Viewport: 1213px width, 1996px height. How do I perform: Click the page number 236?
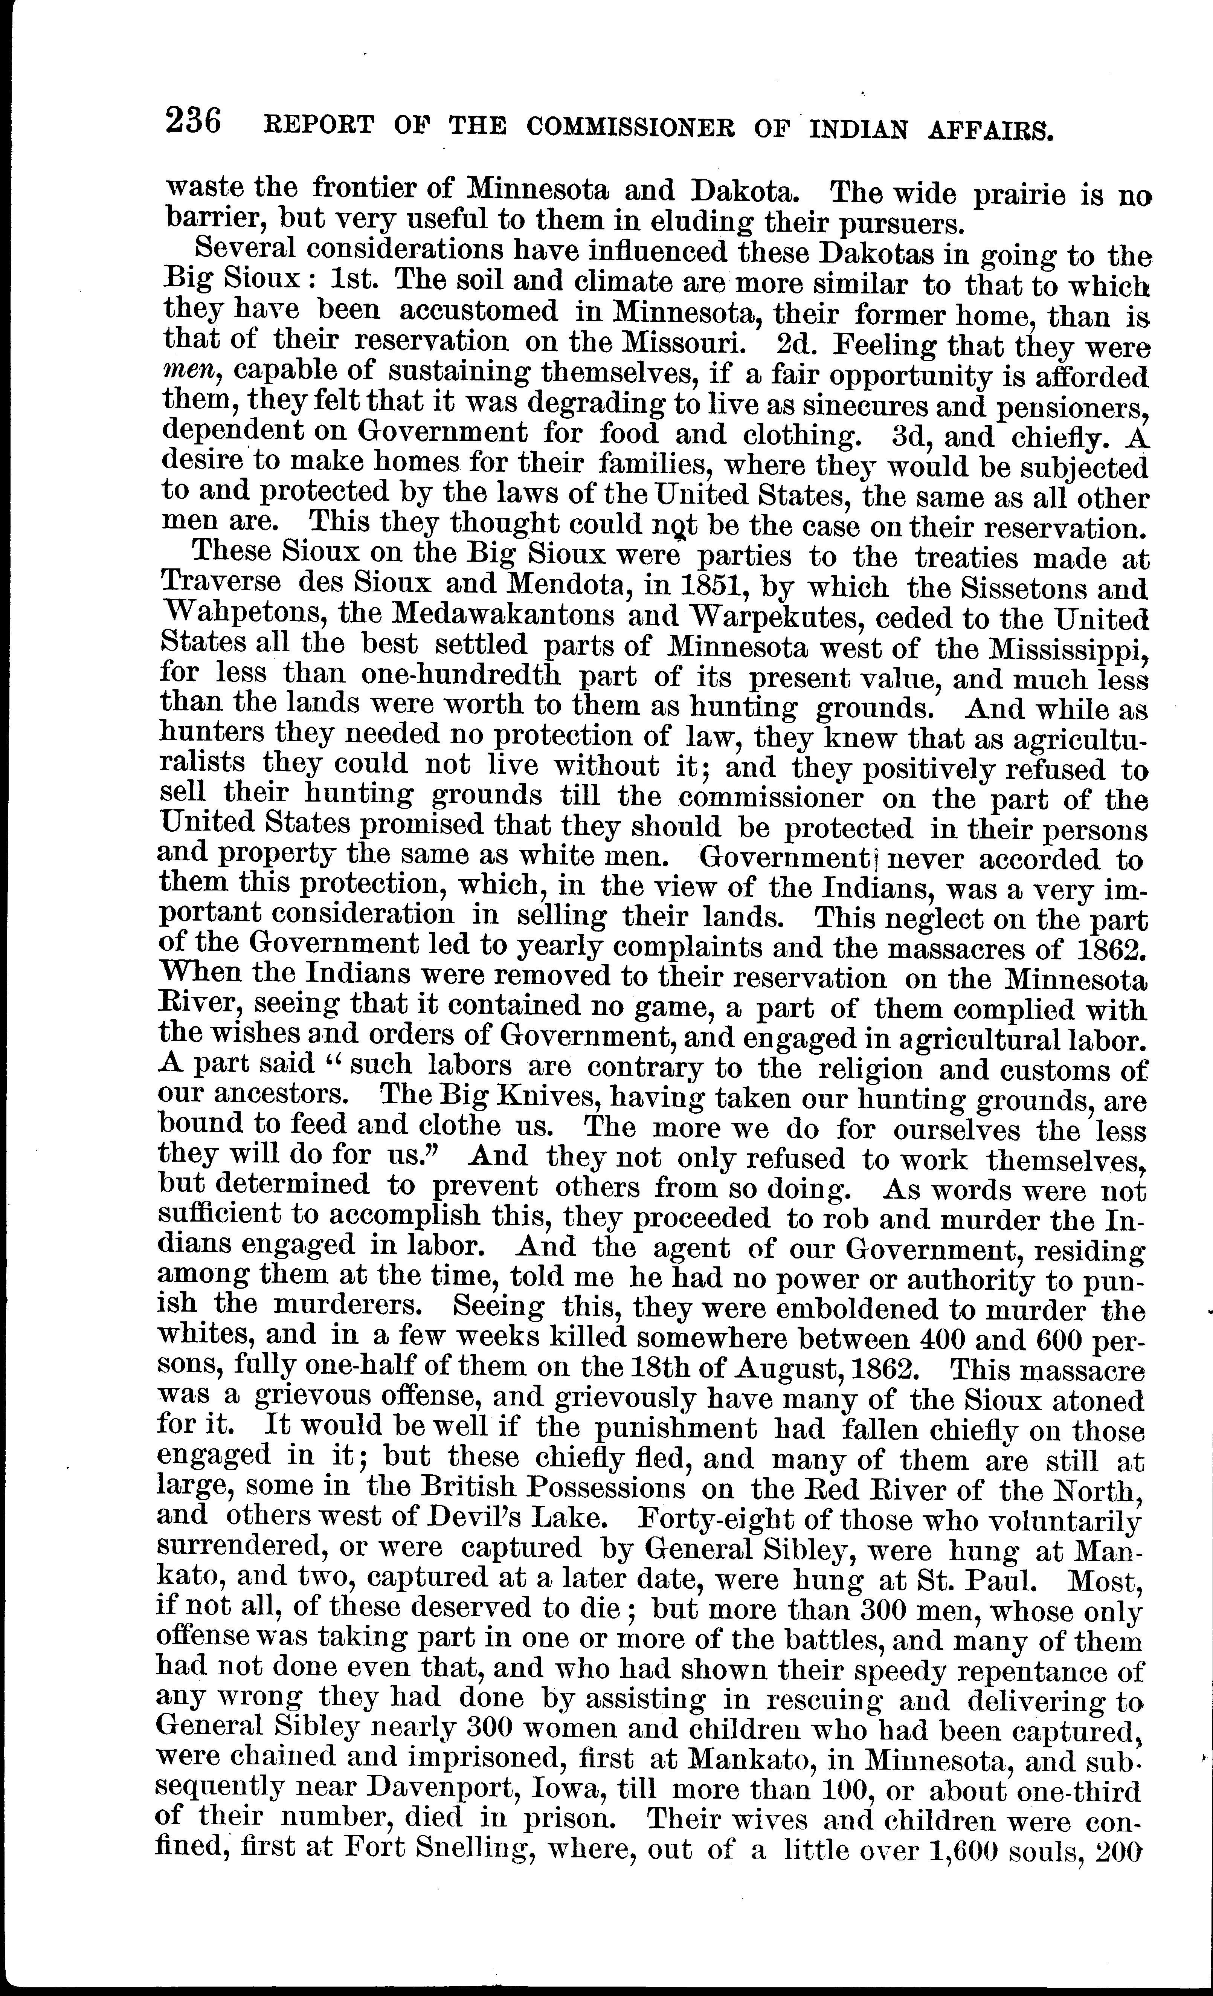[193, 122]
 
